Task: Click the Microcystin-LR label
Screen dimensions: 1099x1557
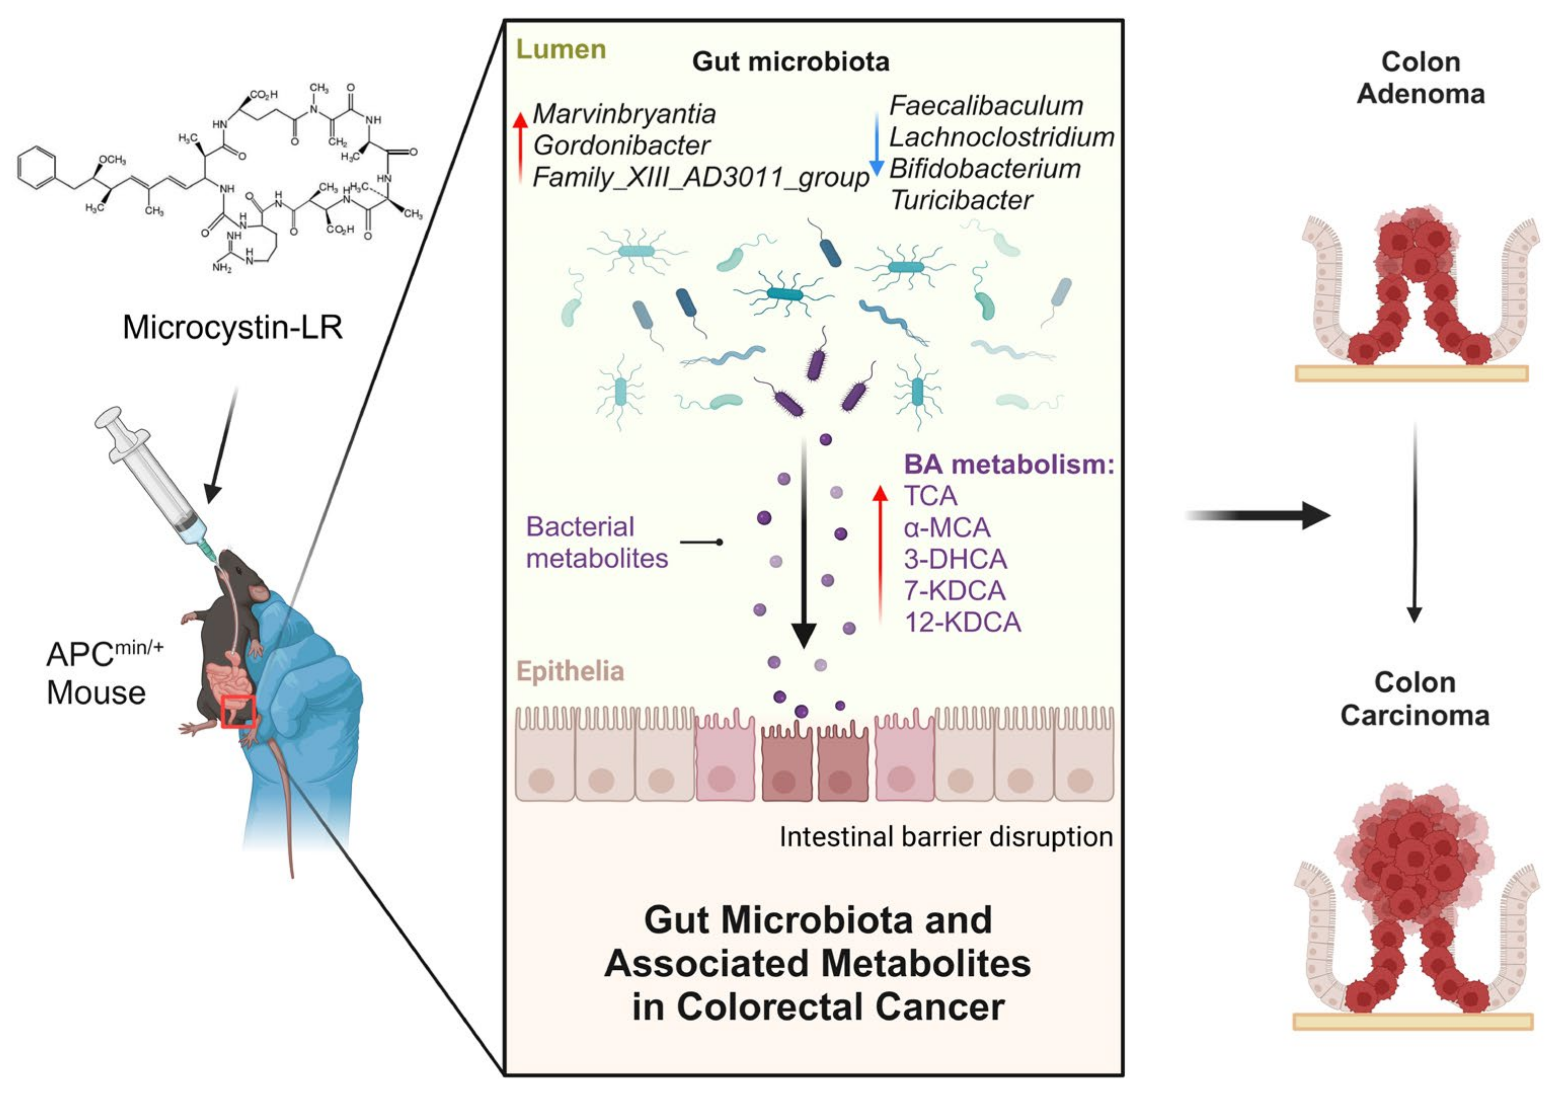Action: tap(233, 327)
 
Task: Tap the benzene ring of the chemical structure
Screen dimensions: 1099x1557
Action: tap(38, 169)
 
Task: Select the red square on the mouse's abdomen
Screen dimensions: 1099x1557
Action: tap(238, 712)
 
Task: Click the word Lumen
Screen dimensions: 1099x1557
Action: tap(561, 50)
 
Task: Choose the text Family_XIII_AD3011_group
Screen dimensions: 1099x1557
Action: tap(700, 178)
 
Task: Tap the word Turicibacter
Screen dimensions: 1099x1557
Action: tap(961, 200)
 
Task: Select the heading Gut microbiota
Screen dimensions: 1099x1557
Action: tap(791, 62)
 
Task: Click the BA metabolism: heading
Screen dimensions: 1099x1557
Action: tap(1009, 465)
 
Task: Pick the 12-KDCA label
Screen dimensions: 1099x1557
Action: tap(963, 622)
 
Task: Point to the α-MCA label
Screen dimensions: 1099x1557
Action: tap(947, 528)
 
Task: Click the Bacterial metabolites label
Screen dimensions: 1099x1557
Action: tap(597, 543)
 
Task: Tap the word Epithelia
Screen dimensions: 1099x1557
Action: tap(570, 671)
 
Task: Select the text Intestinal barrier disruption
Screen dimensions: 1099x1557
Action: tap(946, 836)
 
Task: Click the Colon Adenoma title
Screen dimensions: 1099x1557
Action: tap(1421, 78)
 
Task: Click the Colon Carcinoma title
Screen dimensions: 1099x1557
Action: tap(1415, 699)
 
